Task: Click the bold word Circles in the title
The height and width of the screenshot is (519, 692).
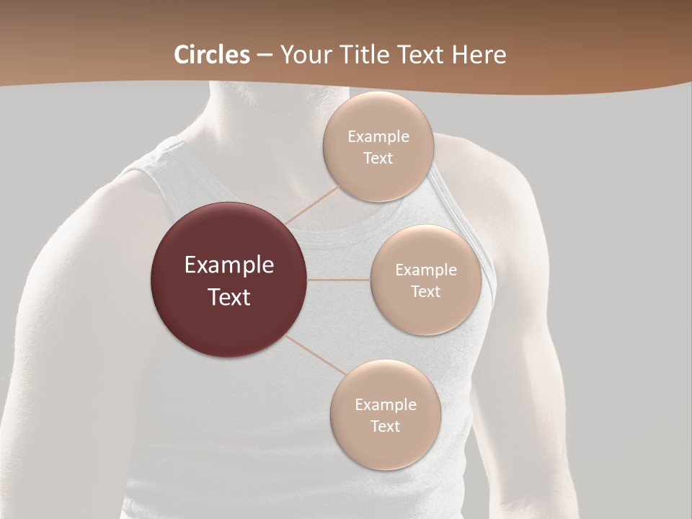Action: tap(211, 55)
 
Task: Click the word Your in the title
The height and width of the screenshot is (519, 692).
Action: tap(306, 55)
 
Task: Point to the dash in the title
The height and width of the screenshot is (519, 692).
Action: tap(265, 56)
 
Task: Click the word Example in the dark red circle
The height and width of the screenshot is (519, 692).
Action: tap(229, 265)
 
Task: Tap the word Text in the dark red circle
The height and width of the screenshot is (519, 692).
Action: tap(229, 297)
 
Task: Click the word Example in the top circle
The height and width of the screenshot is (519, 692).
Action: tap(378, 136)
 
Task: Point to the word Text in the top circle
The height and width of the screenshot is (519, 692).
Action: tap(378, 158)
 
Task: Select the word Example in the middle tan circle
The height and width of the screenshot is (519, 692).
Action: tap(426, 270)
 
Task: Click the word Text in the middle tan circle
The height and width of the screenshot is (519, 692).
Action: tap(426, 291)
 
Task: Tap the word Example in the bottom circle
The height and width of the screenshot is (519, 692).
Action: tap(386, 404)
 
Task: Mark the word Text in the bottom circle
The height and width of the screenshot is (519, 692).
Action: tap(386, 426)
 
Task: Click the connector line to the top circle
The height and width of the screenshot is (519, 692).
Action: tap(311, 203)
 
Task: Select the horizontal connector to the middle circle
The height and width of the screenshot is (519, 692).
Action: tap(339, 280)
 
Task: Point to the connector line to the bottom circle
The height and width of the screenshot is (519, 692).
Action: tap(317, 354)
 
